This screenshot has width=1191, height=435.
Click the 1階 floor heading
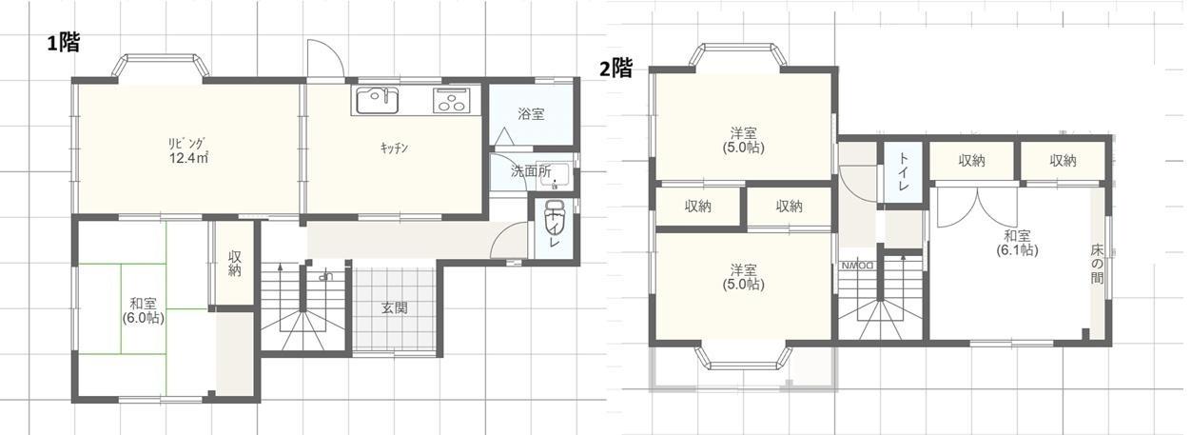(x=64, y=43)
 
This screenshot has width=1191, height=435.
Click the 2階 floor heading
(x=616, y=69)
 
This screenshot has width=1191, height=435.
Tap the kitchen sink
(x=377, y=101)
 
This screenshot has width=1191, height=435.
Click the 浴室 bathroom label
(x=531, y=114)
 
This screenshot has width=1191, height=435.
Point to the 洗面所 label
(x=531, y=171)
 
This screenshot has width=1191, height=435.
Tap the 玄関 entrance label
(x=395, y=307)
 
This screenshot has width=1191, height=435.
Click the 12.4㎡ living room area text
(x=188, y=158)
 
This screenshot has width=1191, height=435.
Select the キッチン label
(x=394, y=148)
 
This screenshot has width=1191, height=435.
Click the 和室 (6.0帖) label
(x=143, y=311)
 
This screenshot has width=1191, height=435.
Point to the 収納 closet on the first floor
(x=234, y=264)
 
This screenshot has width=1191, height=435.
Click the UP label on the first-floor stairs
(x=324, y=277)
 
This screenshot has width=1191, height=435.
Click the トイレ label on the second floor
(x=903, y=171)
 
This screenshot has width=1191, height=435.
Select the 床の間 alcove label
(x=1097, y=264)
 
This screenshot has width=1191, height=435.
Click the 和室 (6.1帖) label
(x=1017, y=243)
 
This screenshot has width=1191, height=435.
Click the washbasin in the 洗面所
(x=555, y=175)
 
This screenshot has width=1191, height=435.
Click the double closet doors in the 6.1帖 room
(x=977, y=208)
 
